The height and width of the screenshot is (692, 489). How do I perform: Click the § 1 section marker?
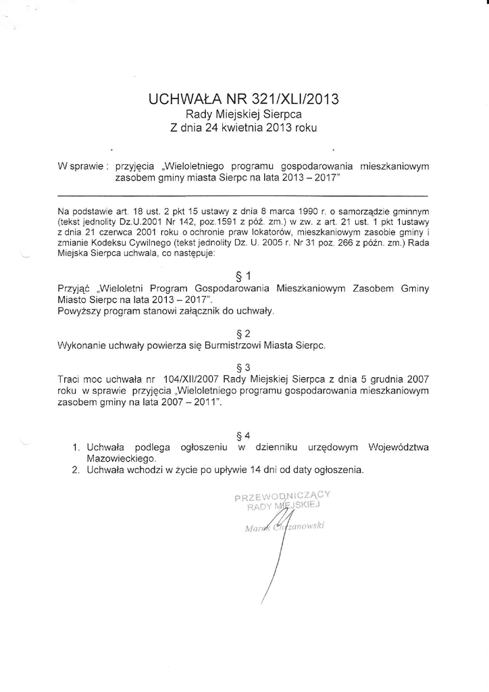(244, 276)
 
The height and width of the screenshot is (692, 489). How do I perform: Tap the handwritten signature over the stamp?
(276, 541)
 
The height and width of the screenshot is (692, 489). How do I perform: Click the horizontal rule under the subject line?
(243, 193)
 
